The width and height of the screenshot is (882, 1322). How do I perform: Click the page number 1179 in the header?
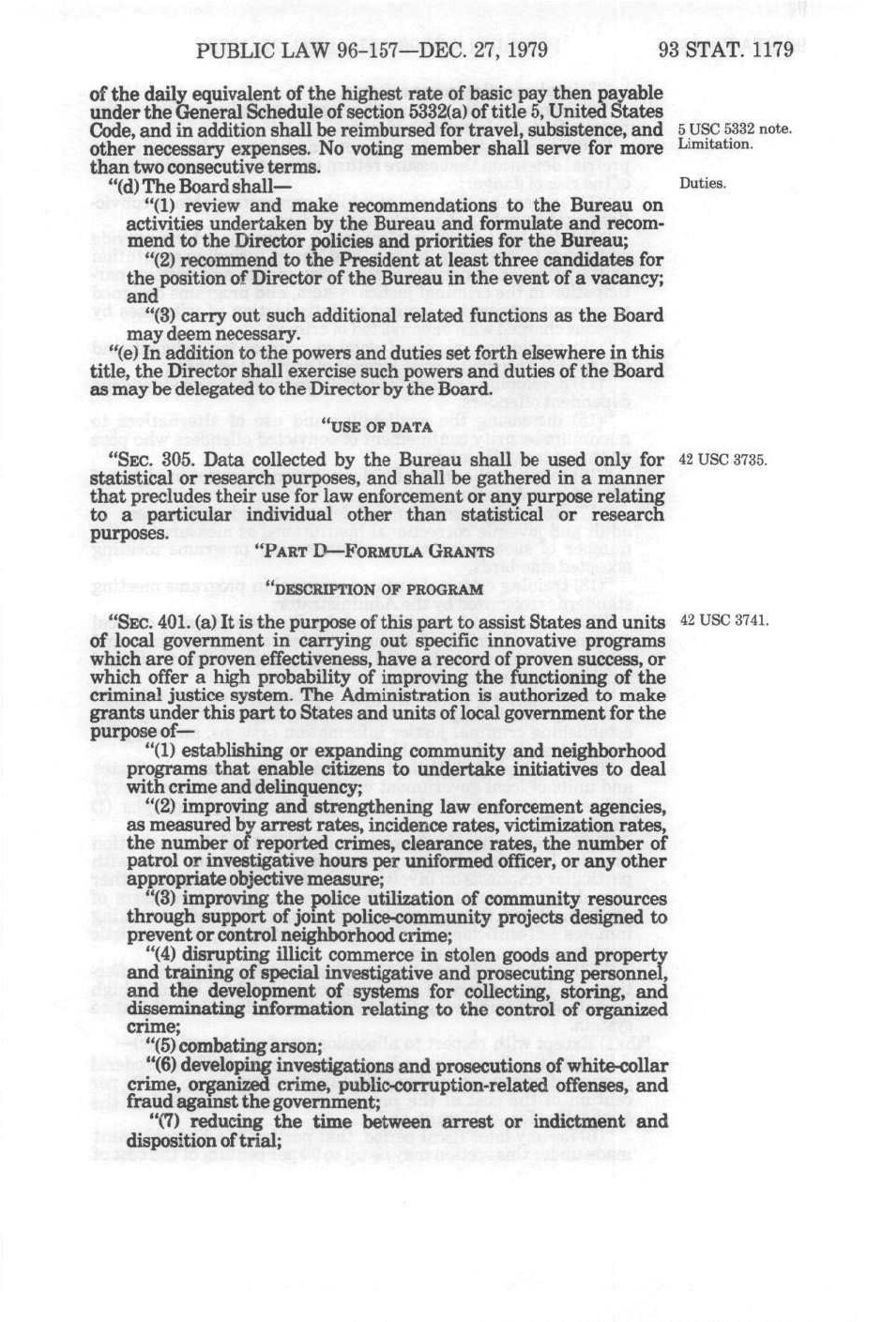point(765,50)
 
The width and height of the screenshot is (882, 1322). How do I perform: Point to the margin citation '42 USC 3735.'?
point(722,461)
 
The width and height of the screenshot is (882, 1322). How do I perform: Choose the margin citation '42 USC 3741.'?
point(722,620)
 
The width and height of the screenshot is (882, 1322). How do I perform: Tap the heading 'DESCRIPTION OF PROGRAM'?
point(375,589)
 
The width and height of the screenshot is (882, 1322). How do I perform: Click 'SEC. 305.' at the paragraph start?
point(155,461)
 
